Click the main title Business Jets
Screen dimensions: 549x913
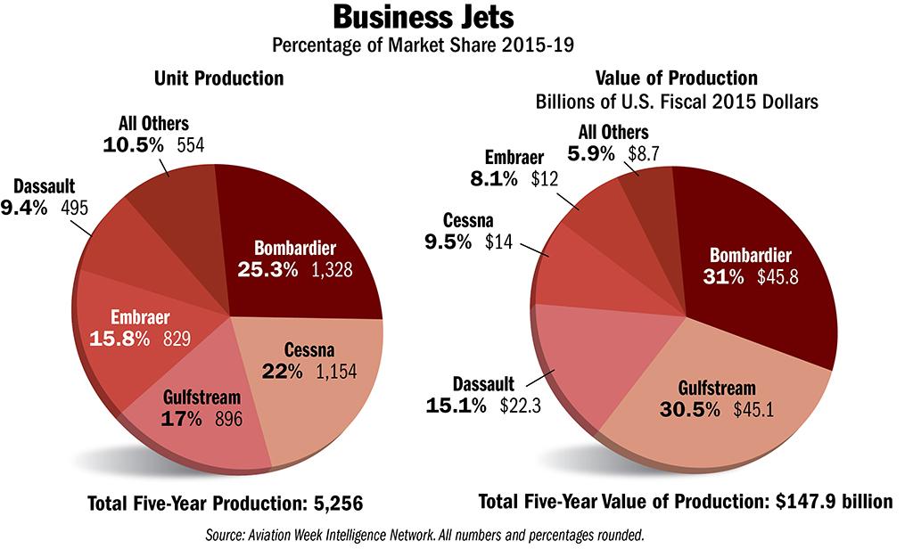(x=456, y=18)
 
